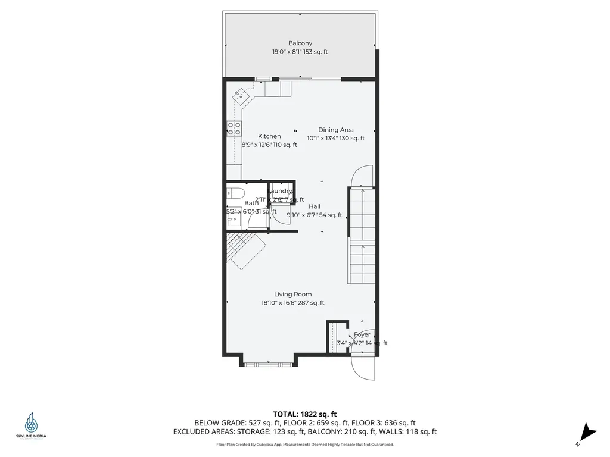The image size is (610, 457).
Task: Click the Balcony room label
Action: tap(300, 43)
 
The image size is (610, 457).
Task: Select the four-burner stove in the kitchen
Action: tap(234, 129)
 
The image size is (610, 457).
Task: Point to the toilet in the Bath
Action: tap(234, 193)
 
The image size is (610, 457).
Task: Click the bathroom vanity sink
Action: tap(233, 220)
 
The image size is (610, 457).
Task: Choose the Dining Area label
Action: tap(336, 130)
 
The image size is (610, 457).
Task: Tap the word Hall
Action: tap(315, 206)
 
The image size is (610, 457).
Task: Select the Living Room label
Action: tap(292, 294)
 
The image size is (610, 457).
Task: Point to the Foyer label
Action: tap(362, 334)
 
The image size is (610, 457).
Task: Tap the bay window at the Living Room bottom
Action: tap(268, 362)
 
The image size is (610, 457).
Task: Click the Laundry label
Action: tap(281, 191)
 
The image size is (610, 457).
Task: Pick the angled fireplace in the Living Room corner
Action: tap(245, 250)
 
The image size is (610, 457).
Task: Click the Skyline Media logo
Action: tap(31, 426)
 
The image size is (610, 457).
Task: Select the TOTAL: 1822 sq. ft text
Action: tap(305, 414)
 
